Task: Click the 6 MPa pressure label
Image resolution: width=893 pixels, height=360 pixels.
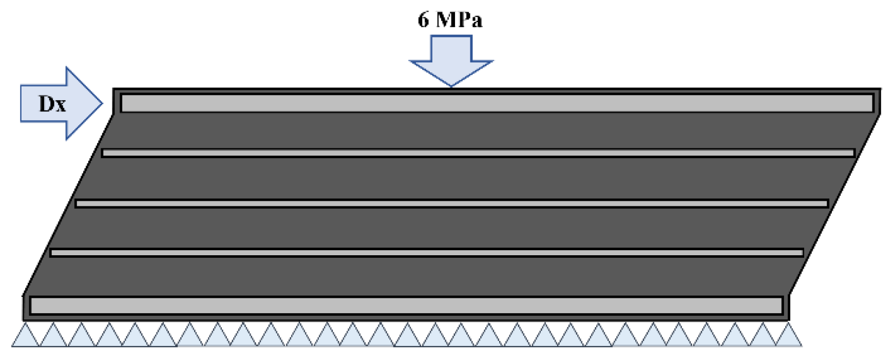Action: pyautogui.click(x=450, y=20)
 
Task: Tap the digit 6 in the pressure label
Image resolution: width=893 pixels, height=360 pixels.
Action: pyautogui.click(x=423, y=20)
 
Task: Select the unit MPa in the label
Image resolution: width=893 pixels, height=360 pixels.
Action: pyautogui.click(x=460, y=20)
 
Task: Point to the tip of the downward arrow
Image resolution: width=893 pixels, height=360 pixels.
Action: pyautogui.click(x=451, y=85)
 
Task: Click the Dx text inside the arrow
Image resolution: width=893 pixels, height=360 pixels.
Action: pyautogui.click(x=52, y=104)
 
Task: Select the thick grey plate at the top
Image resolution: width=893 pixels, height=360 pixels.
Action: pyautogui.click(x=497, y=103)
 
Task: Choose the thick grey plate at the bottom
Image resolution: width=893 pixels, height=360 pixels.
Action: pyautogui.click(x=406, y=306)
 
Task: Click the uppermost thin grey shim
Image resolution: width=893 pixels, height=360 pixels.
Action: pyautogui.click(x=478, y=153)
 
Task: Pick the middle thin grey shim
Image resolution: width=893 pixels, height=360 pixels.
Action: pyautogui.click(x=452, y=204)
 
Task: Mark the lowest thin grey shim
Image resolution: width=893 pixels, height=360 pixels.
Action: pyautogui.click(x=426, y=253)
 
